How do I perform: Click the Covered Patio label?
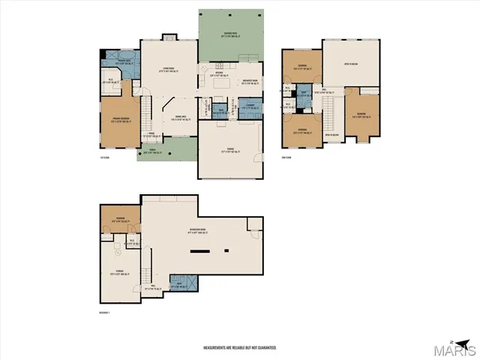(x=229, y=34)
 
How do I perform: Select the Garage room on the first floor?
(x=229, y=150)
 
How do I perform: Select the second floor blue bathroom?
(x=304, y=94)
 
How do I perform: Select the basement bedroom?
(x=118, y=220)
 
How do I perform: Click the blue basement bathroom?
(x=184, y=283)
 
